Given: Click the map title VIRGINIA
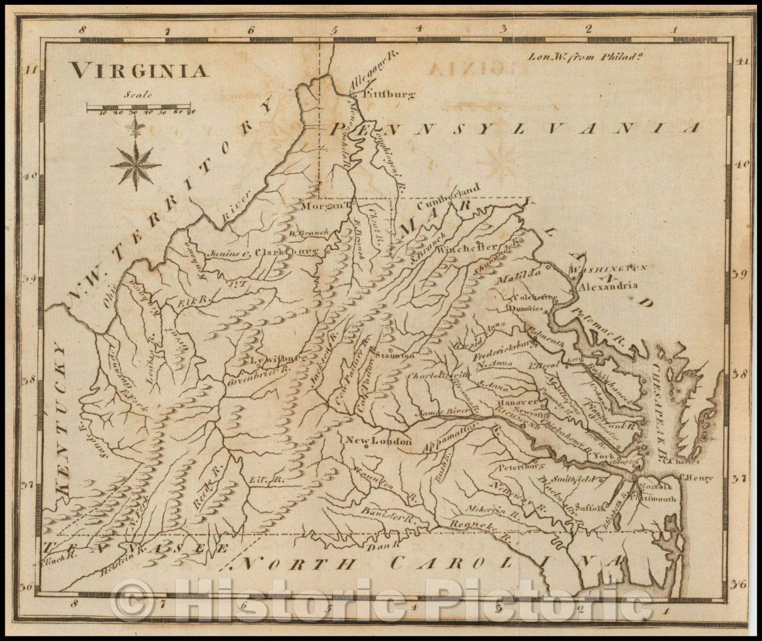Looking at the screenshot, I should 140,71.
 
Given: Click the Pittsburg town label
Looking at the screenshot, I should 389,94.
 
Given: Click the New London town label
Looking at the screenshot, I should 378,441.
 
